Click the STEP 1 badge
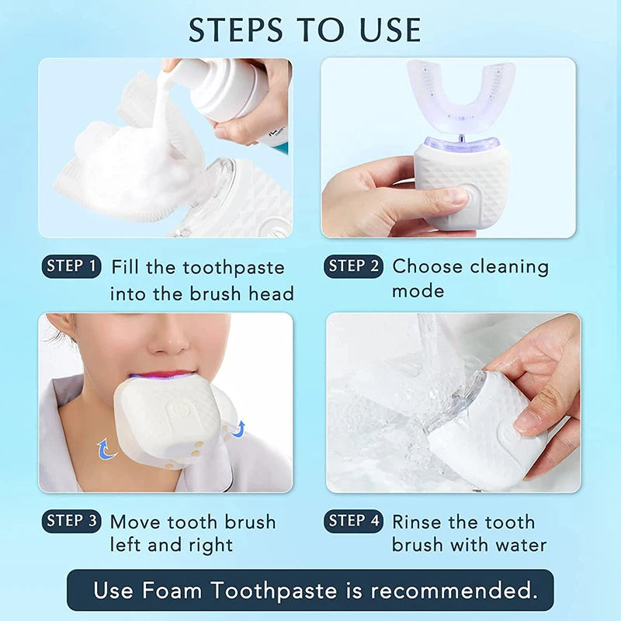pyautogui.click(x=71, y=266)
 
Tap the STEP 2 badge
pyautogui.click(x=353, y=266)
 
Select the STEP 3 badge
pyautogui.click(x=71, y=521)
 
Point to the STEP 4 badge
pyautogui.click(x=353, y=521)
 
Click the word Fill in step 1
pyautogui.click(x=127, y=268)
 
